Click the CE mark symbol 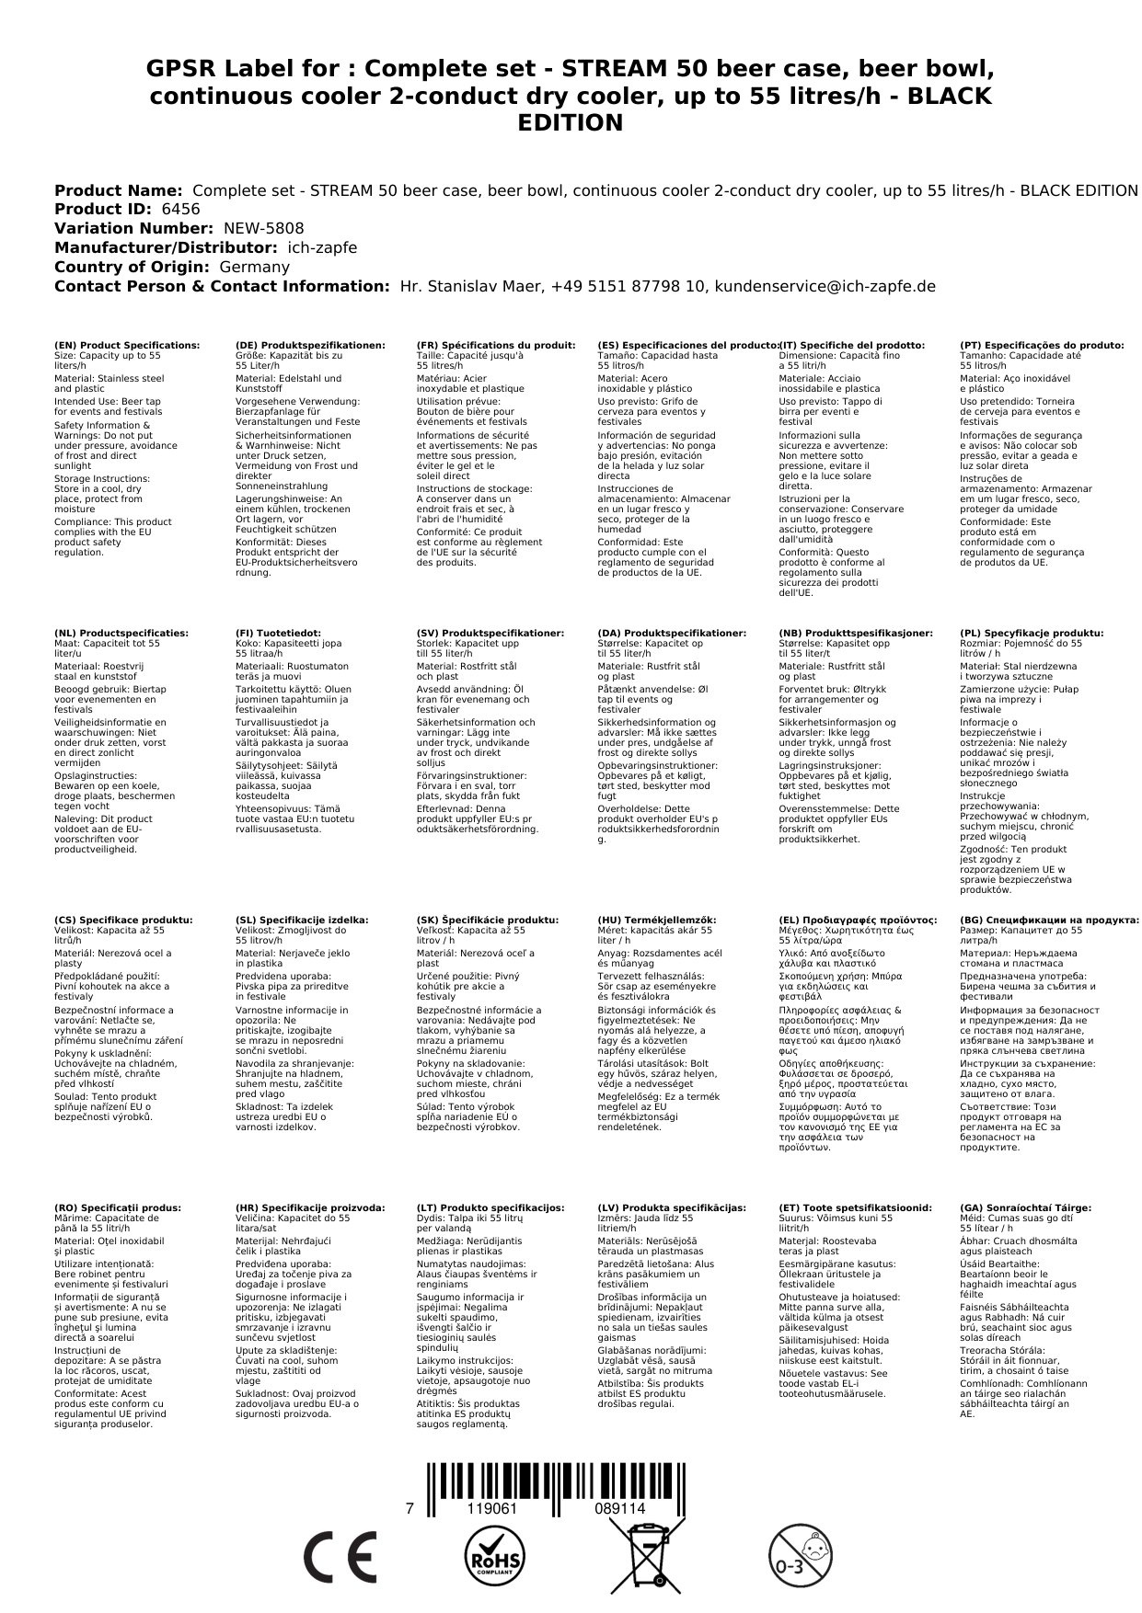click(340, 1557)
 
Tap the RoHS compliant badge click(493, 1557)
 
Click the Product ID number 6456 click(180, 210)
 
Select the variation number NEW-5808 click(259, 229)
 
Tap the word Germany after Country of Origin click(254, 268)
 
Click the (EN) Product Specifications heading click(127, 346)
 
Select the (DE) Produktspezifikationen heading click(310, 346)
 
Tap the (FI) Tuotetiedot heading click(278, 634)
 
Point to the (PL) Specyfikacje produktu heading click(1032, 634)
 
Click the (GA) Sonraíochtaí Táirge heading click(1025, 1208)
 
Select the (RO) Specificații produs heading click(118, 1208)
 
